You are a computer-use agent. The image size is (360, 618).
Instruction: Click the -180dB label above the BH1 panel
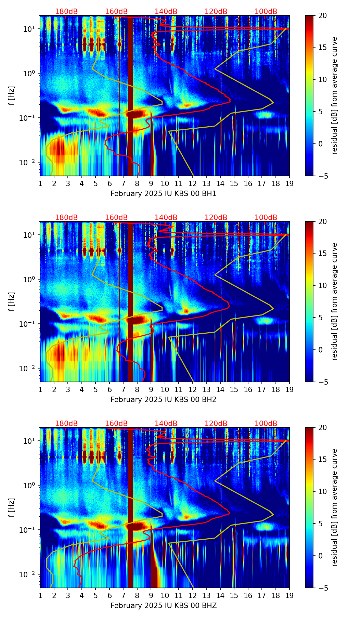[65, 12]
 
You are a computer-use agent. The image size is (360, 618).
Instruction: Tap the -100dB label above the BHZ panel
[265, 424]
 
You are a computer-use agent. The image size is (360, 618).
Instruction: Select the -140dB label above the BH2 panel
[165, 218]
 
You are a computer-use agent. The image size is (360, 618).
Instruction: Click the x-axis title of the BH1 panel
[164, 194]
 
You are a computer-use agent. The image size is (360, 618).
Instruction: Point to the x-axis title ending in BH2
[164, 400]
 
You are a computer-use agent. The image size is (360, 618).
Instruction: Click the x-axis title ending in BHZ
[164, 606]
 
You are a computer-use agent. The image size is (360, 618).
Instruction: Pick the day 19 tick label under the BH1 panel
[289, 183]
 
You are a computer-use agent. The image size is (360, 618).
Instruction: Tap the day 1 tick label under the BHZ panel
[40, 595]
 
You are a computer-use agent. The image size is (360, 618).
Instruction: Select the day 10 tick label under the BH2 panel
[165, 389]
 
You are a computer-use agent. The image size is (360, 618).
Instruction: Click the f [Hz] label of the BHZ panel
[12, 507]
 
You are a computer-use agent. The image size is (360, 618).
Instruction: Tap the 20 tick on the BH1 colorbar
[322, 16]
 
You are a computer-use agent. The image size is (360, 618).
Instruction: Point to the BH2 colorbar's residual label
[334, 301]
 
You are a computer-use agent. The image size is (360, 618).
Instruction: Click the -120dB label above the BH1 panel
[215, 12]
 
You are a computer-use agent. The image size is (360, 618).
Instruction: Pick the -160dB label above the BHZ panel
[115, 424]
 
